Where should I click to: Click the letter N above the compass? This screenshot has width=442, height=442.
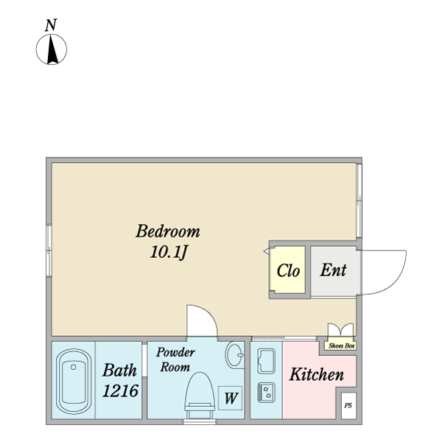(51, 25)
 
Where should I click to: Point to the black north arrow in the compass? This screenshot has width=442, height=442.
(52, 49)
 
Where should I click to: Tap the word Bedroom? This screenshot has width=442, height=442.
(168, 231)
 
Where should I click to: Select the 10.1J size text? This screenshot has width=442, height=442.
(169, 252)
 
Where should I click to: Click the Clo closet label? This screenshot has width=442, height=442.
(288, 270)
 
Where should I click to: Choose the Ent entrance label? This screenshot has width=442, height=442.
(333, 270)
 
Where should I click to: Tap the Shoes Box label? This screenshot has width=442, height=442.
(341, 345)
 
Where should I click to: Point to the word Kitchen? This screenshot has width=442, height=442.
(317, 374)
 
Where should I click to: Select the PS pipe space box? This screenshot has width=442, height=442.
(348, 406)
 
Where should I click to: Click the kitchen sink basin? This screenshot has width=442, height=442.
(267, 362)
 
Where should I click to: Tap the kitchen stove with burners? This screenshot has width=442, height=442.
(266, 393)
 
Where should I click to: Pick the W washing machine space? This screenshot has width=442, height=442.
(231, 398)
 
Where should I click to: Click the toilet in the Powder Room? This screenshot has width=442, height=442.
(199, 395)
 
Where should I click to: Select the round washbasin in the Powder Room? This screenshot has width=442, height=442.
(234, 355)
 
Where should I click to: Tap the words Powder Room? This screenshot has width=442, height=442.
(175, 359)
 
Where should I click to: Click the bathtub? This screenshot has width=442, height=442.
(74, 382)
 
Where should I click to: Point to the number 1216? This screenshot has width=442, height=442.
(120, 390)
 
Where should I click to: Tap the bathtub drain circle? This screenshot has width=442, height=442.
(74, 367)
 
